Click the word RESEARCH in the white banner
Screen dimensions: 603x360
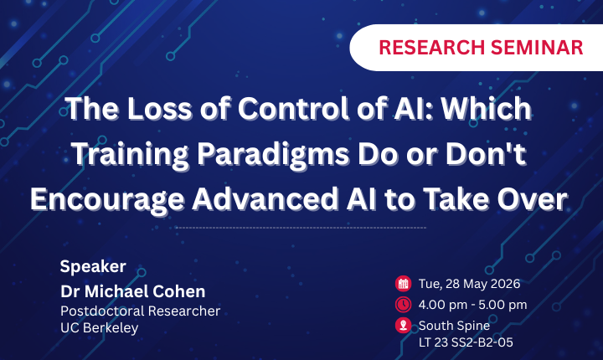click(431, 48)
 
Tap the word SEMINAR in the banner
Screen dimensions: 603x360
click(537, 48)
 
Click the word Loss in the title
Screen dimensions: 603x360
click(159, 109)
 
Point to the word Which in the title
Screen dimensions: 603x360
click(486, 109)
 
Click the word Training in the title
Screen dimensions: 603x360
click(130, 155)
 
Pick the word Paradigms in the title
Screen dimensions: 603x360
click(273, 155)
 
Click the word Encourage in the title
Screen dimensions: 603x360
click(107, 200)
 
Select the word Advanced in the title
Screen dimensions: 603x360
click(265, 199)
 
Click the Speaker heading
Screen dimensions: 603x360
click(93, 266)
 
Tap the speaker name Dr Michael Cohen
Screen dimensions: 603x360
click(132, 291)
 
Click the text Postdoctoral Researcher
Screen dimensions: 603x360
click(141, 311)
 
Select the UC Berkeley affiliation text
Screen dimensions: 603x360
click(99, 327)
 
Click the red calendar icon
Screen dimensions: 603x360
click(403, 284)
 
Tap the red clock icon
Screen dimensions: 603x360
click(403, 305)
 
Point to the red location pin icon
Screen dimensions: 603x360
click(403, 326)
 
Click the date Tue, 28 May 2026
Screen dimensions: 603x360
click(469, 284)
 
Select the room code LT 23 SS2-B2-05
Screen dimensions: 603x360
click(466, 342)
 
